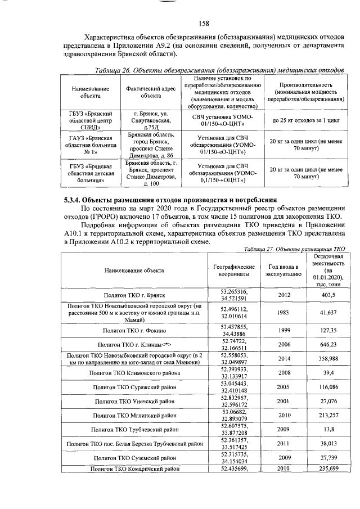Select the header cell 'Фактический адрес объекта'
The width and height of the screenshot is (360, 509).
[x=150, y=92]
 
